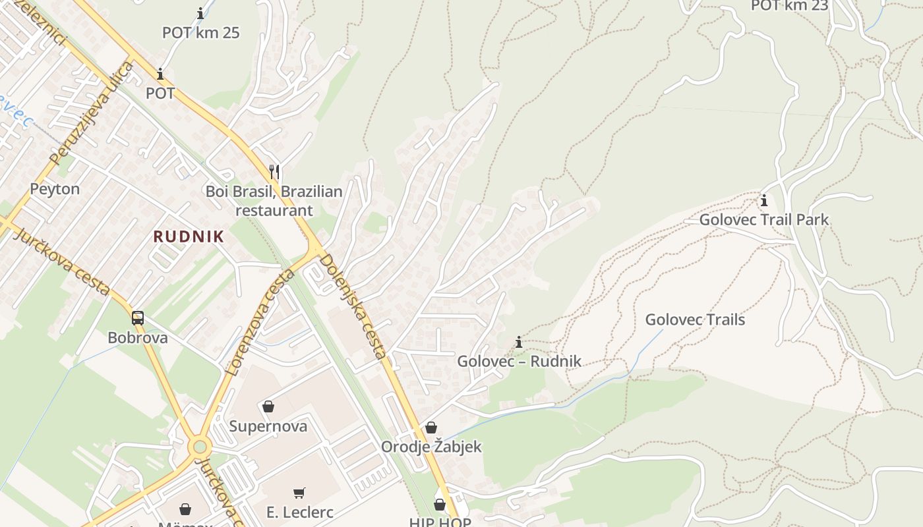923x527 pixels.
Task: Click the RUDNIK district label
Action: [189, 236]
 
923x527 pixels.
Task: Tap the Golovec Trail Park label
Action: [763, 219]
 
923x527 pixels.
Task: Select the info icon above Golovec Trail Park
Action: [764, 200]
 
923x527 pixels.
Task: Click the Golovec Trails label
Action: [695, 319]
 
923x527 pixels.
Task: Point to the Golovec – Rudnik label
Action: [520, 361]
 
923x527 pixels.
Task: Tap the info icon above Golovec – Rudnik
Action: [519, 342]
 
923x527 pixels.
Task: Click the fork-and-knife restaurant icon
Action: [274, 172]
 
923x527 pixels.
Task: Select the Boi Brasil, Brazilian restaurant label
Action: [274, 201]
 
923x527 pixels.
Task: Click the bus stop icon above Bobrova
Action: [137, 318]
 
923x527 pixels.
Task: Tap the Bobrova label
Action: [138, 338]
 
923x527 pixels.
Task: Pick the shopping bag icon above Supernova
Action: [268, 406]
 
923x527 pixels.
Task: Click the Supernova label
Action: [268, 426]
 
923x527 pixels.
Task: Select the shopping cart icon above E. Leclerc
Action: [299, 493]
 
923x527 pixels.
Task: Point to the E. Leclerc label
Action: [300, 512]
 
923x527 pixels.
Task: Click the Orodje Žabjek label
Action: [431, 447]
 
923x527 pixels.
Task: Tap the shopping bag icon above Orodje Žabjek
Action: [431, 428]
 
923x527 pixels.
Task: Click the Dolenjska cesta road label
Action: [353, 306]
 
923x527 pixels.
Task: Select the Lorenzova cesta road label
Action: [259, 323]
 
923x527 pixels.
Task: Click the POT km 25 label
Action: [200, 32]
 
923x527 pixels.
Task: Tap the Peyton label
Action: [55, 189]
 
